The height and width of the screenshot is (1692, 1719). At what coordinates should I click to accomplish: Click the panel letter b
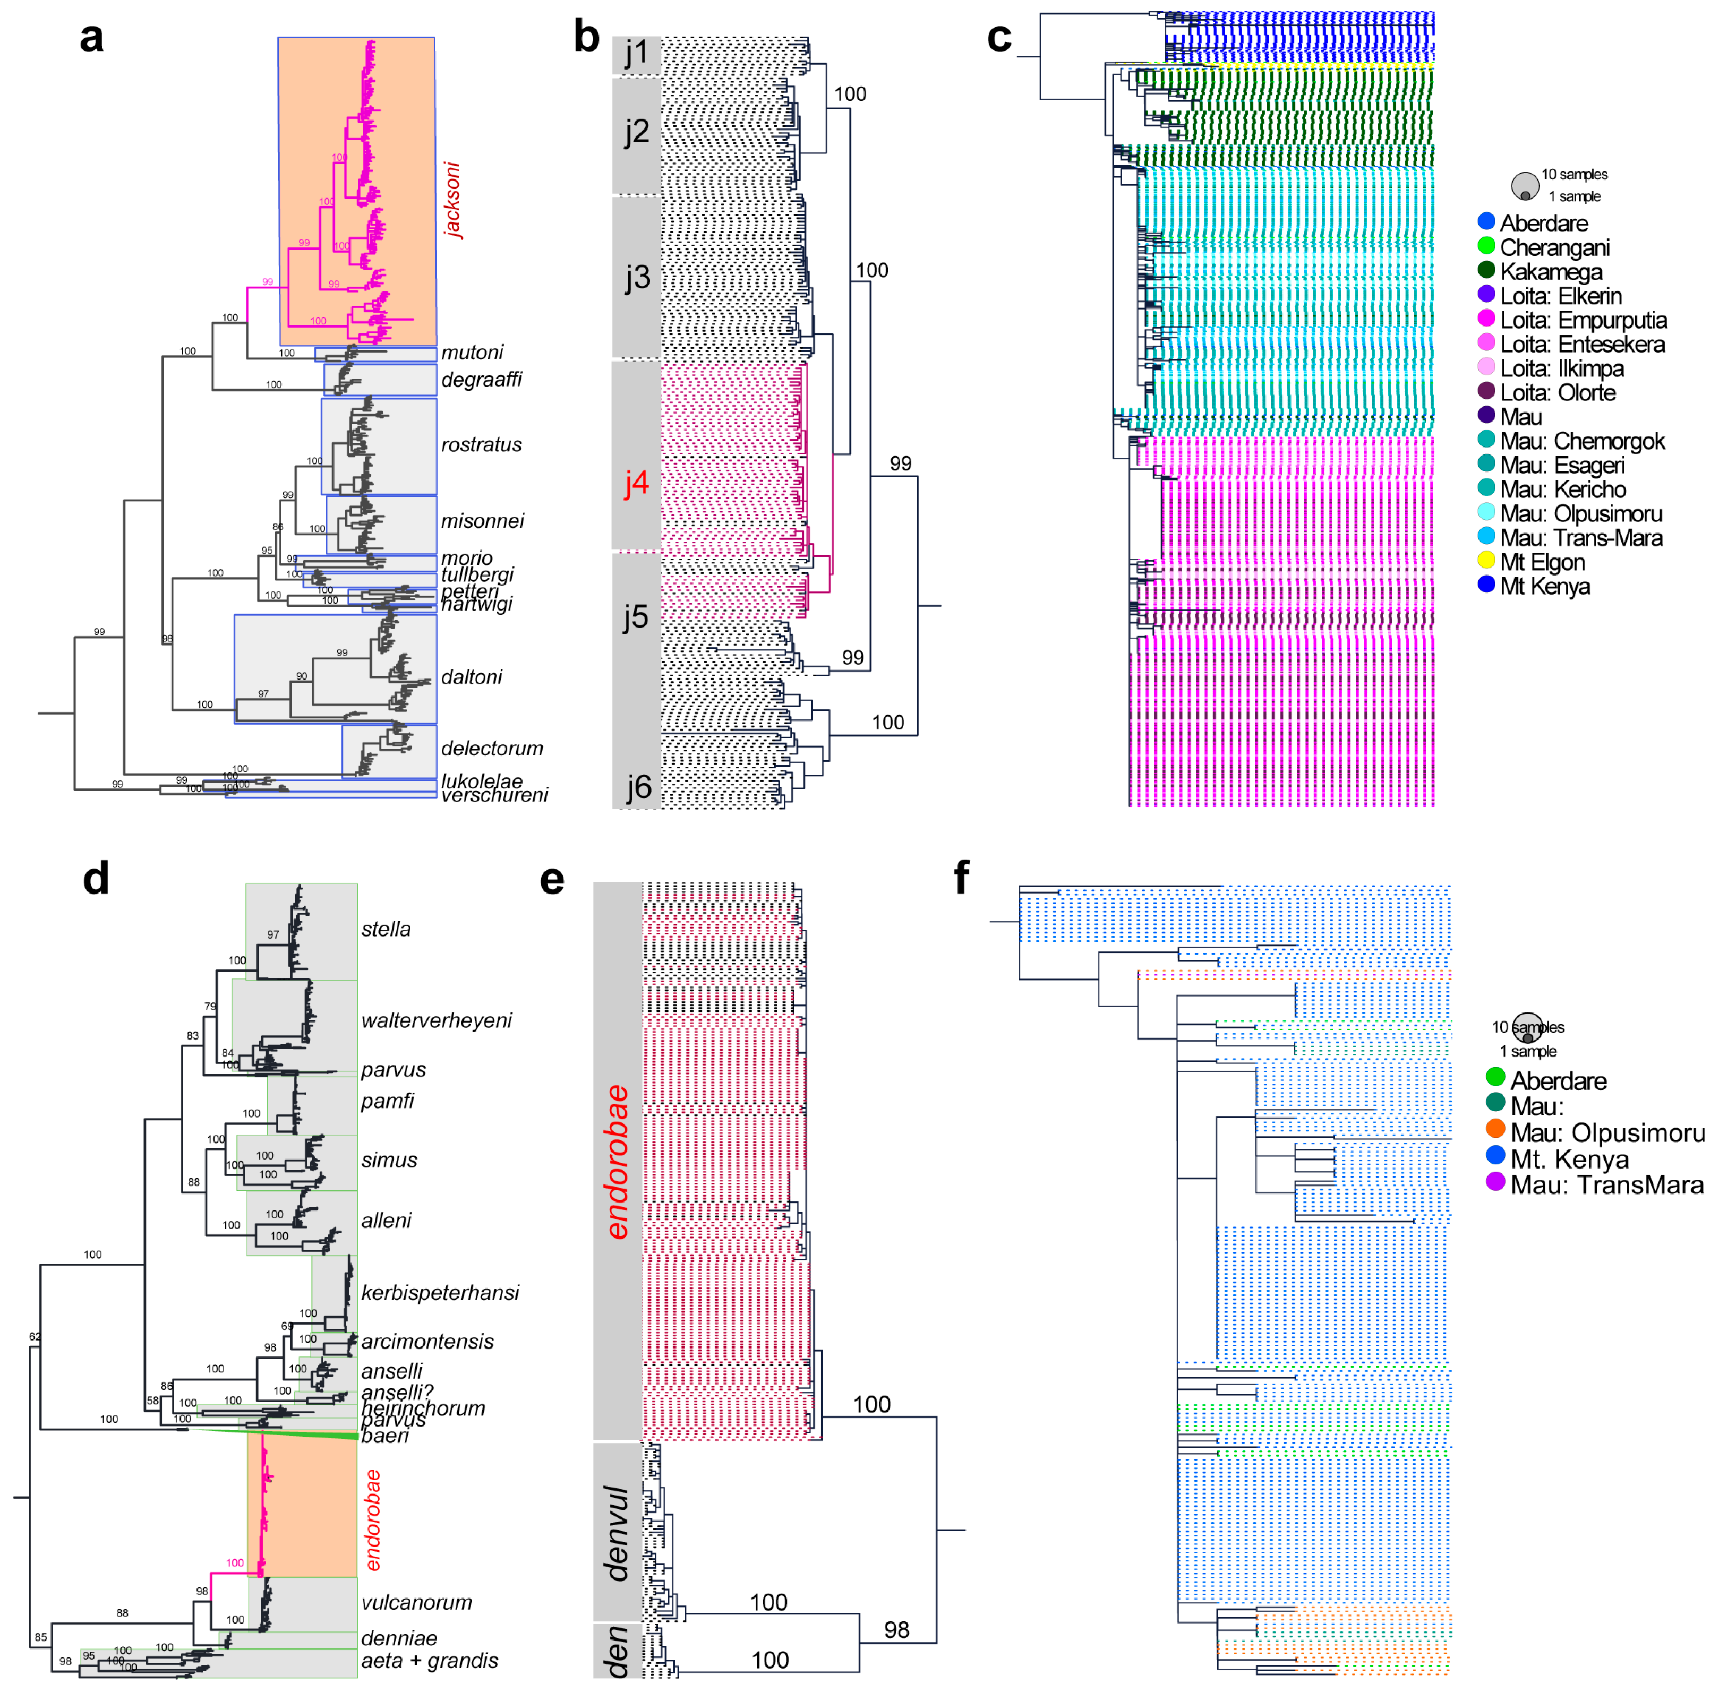[x=586, y=37]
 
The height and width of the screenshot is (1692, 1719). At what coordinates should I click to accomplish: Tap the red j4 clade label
[x=636, y=483]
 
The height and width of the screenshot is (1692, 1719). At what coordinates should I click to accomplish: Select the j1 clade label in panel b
[x=636, y=53]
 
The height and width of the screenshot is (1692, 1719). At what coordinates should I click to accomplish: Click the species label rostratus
[x=481, y=444]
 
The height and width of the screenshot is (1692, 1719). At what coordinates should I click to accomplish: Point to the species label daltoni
[x=471, y=676]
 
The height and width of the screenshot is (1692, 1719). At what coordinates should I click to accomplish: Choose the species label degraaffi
[x=481, y=380]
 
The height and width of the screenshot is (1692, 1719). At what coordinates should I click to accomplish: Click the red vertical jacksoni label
[x=452, y=200]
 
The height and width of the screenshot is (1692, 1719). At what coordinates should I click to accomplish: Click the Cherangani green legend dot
[x=1485, y=245]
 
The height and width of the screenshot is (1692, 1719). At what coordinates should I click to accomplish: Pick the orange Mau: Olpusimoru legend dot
[x=1495, y=1129]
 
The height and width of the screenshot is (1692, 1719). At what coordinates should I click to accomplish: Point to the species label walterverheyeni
[x=437, y=1020]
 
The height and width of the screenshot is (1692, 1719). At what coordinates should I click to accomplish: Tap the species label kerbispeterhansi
[x=440, y=1292]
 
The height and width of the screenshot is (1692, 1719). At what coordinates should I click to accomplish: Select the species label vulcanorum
[x=416, y=1602]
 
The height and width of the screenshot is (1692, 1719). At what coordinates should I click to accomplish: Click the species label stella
[x=386, y=929]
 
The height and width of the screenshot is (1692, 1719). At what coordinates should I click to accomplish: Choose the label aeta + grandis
[x=429, y=1660]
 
